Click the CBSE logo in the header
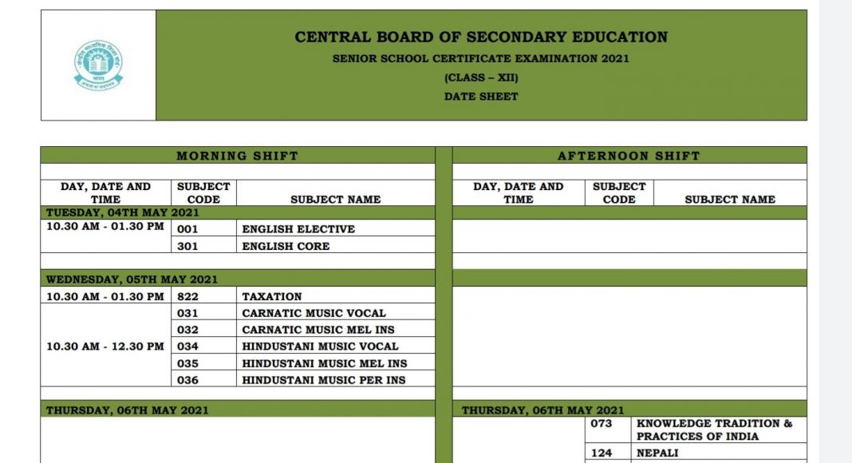click(98, 65)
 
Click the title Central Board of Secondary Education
click(481, 37)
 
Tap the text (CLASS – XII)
click(481, 77)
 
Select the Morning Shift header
click(237, 156)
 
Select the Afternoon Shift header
click(629, 156)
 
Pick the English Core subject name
click(286, 246)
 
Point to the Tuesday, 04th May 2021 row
click(123, 212)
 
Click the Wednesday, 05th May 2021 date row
click(132, 279)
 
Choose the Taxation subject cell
click(272, 296)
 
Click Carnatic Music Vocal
click(314, 313)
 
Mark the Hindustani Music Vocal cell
click(320, 346)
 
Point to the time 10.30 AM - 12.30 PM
click(105, 346)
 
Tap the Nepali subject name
click(657, 453)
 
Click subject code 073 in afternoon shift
click(602, 423)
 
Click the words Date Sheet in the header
click(481, 97)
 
